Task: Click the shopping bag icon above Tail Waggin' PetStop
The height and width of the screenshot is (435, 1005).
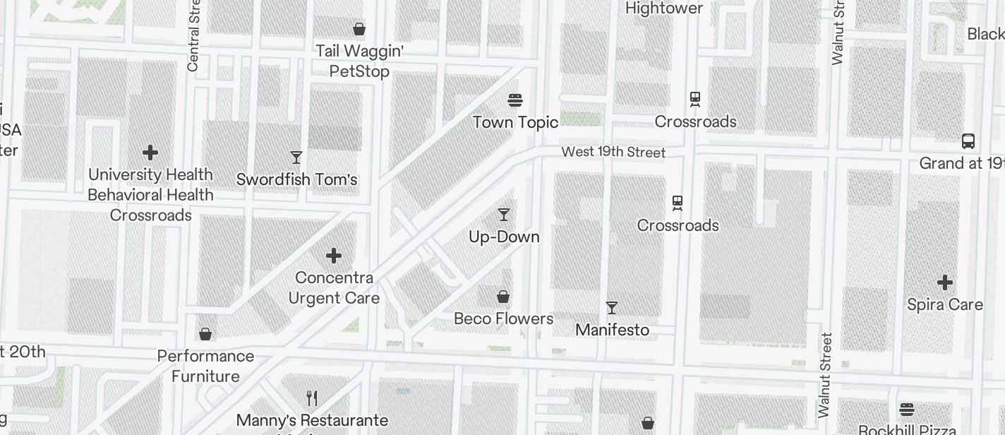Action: point(359,29)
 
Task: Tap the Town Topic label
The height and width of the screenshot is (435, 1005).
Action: point(515,122)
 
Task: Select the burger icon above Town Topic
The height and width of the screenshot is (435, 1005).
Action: point(515,100)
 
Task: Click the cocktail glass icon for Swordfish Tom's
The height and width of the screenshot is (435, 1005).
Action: point(296,157)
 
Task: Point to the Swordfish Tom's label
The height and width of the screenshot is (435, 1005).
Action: point(296,179)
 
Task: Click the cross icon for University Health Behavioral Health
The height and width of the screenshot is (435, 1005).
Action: point(150,153)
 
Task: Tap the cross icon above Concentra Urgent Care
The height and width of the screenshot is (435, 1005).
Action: point(334,255)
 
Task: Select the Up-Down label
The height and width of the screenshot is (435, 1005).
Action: point(504,237)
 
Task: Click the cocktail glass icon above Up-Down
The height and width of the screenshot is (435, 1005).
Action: point(504,214)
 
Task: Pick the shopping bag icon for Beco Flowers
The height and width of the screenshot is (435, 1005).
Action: point(503,296)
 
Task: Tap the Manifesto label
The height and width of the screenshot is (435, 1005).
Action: point(612,330)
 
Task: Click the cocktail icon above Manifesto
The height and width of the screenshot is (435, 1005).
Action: point(612,307)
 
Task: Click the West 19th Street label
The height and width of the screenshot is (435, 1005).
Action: point(613,152)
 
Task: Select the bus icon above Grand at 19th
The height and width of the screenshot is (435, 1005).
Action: point(968,141)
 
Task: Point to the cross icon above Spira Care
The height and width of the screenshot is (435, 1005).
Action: point(945,282)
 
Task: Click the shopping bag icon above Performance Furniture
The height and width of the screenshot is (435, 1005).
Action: point(205,333)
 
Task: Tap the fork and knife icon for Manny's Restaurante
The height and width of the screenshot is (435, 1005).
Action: point(312,398)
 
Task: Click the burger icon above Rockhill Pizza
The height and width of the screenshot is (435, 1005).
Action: point(907,409)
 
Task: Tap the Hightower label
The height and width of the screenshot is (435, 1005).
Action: point(664,8)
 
